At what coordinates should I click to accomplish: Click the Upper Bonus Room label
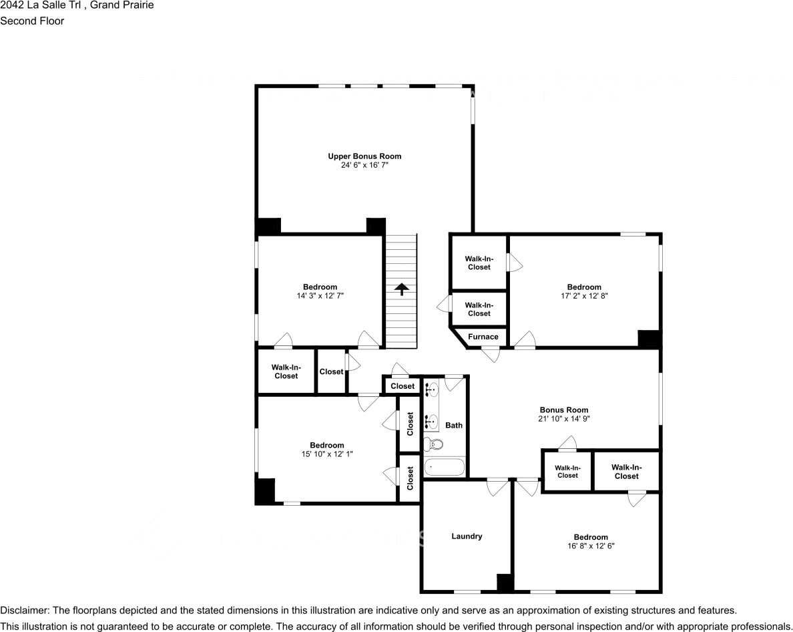pyautogui.click(x=364, y=156)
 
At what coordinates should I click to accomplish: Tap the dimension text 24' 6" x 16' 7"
pyautogui.click(x=364, y=164)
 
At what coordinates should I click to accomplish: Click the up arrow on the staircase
pyautogui.click(x=401, y=289)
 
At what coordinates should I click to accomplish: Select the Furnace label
pyautogui.click(x=483, y=337)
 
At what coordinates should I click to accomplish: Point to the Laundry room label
pyautogui.click(x=467, y=536)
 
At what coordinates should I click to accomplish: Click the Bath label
pyautogui.click(x=454, y=425)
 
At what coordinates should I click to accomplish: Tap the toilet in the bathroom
pyautogui.click(x=435, y=444)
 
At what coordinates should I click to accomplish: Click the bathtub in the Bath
pyautogui.click(x=444, y=466)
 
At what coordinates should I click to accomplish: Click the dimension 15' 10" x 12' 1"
pyautogui.click(x=326, y=454)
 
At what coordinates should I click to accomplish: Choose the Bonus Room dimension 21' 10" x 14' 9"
pyautogui.click(x=565, y=418)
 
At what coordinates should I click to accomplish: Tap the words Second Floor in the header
pyautogui.click(x=32, y=21)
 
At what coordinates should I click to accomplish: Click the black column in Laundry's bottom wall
pyautogui.click(x=505, y=583)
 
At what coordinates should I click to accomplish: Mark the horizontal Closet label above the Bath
pyautogui.click(x=403, y=386)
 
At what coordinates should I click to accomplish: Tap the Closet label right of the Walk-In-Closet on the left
pyautogui.click(x=331, y=371)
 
